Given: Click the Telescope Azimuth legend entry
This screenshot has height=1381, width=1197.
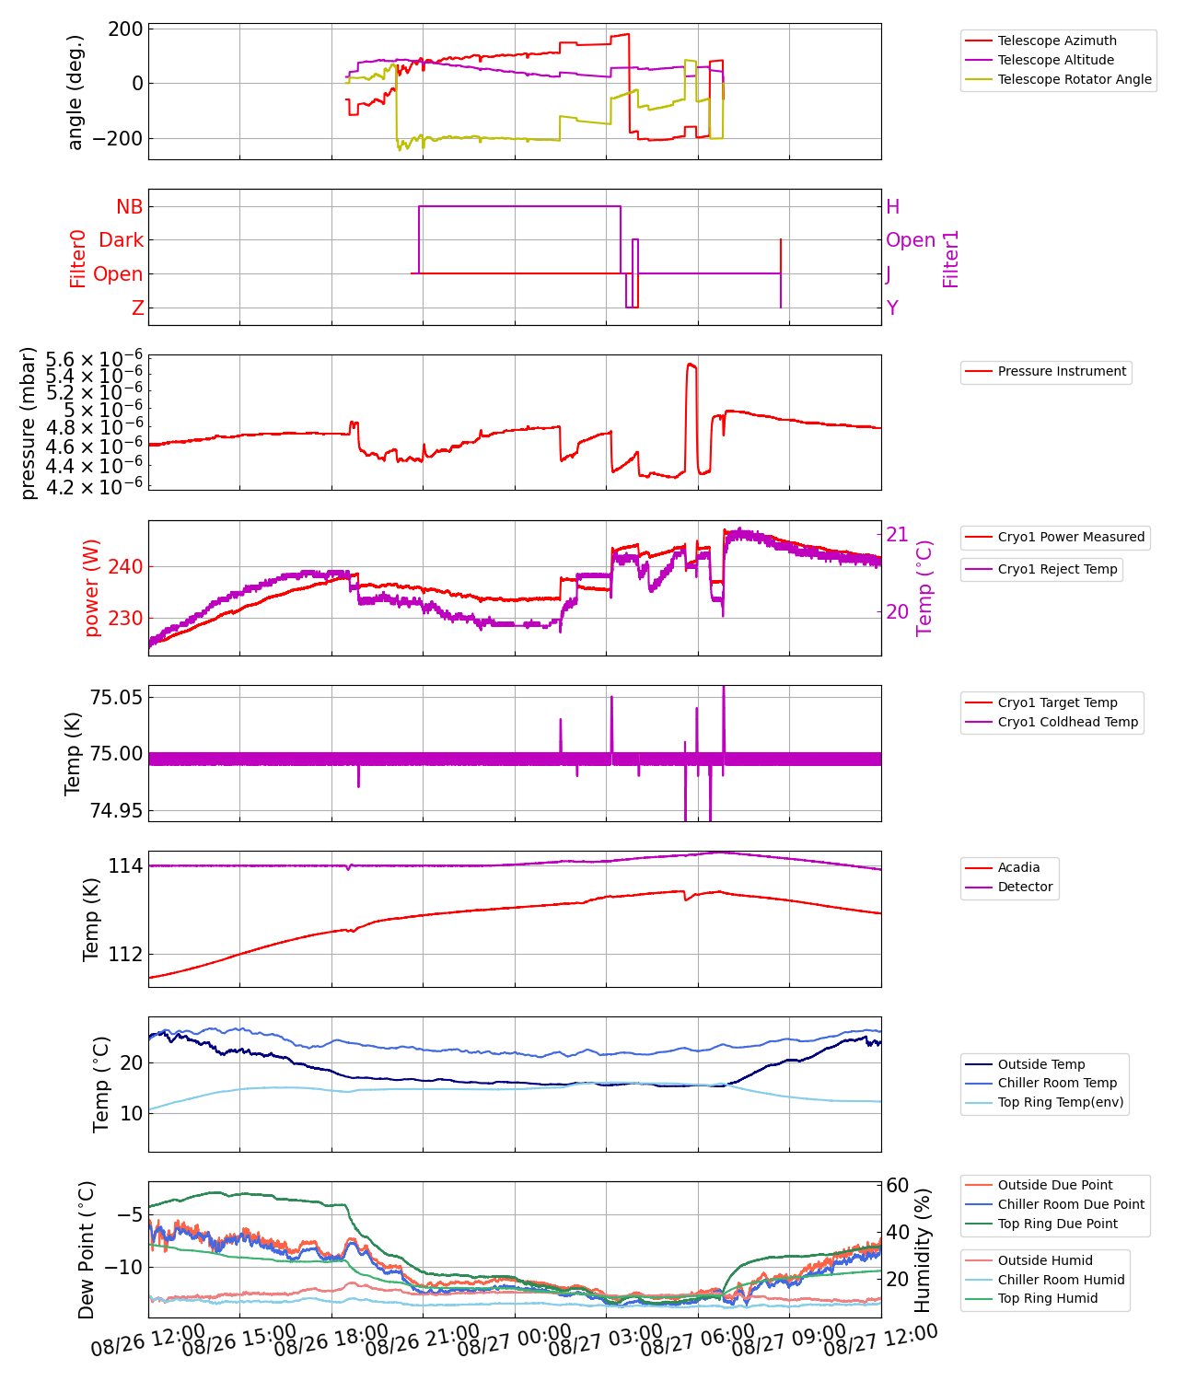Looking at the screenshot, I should point(1056,41).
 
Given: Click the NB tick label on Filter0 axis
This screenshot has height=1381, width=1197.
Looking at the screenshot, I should point(130,207).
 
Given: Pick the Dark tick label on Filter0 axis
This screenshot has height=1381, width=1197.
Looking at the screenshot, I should point(122,240).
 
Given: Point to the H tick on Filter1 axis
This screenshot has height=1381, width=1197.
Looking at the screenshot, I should point(892,207).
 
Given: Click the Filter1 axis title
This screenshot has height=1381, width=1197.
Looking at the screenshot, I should point(951,259).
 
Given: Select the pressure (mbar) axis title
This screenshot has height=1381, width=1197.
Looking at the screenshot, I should point(29,423).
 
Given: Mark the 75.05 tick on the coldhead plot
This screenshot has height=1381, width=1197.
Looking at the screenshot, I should point(116,697).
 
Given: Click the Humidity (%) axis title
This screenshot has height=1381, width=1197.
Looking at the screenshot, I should point(924,1249).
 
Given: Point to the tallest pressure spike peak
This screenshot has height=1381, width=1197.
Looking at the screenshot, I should point(691,364).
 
